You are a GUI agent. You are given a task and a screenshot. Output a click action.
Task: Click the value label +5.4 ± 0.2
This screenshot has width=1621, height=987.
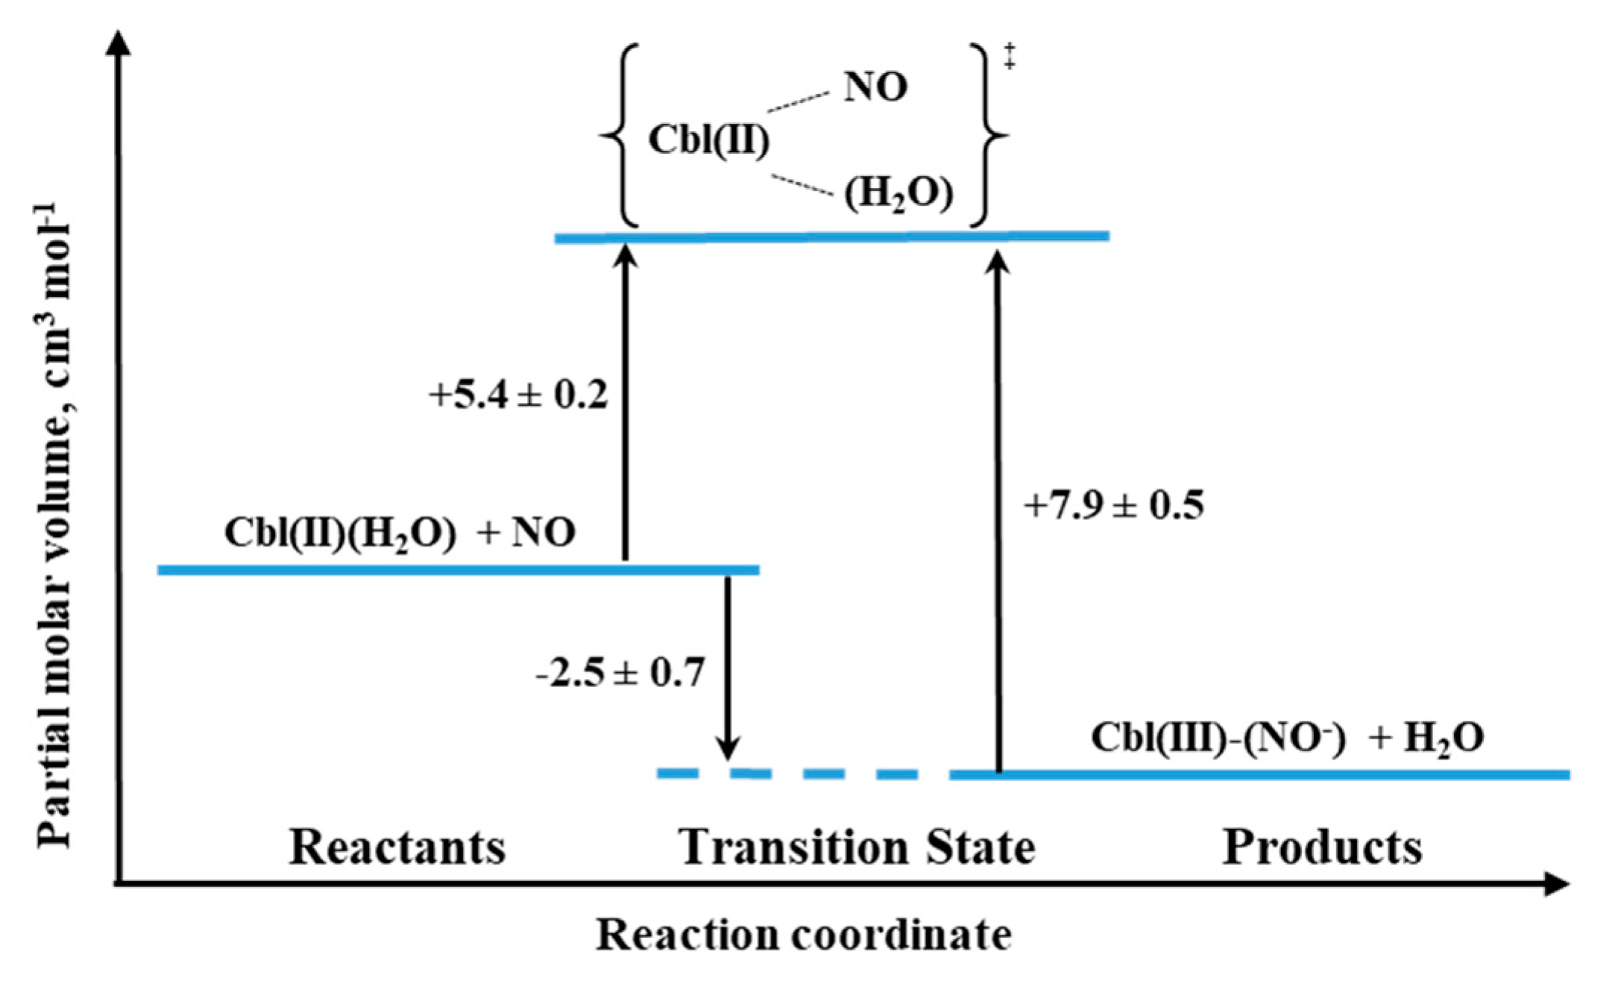(x=518, y=395)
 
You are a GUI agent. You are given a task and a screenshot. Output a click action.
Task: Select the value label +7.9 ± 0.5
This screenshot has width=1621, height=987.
(x=1114, y=506)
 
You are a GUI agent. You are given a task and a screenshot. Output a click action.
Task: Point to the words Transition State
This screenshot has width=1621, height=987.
(x=857, y=848)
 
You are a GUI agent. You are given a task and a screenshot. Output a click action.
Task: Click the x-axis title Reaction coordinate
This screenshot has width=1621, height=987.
(x=803, y=935)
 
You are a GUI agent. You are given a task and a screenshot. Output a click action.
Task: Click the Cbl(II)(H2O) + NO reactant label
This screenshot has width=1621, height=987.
(x=400, y=533)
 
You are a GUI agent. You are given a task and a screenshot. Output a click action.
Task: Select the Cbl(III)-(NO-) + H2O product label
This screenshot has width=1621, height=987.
(x=1287, y=738)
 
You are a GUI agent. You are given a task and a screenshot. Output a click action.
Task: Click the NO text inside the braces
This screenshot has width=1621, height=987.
(x=875, y=87)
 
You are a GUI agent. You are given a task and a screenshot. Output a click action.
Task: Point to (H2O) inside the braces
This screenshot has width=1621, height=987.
(x=898, y=194)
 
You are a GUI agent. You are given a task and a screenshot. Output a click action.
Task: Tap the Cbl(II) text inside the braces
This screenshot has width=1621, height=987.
(x=708, y=140)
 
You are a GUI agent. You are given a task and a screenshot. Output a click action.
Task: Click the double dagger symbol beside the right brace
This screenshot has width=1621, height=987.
(x=1009, y=57)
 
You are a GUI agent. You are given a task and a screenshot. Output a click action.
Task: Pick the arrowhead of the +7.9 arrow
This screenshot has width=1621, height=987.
(x=998, y=263)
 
